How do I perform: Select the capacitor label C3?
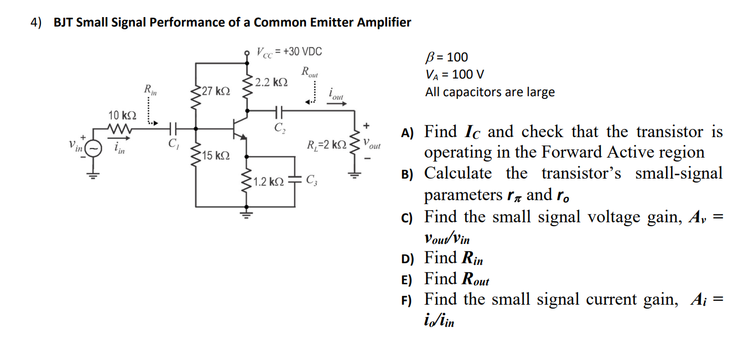coord(311,179)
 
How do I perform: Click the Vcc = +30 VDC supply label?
coord(288,52)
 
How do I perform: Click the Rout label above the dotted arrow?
coord(309,71)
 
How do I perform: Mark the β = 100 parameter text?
coord(446,57)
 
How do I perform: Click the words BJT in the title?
coord(63,23)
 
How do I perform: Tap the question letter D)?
coord(407,258)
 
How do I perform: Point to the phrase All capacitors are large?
coord(490,92)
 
